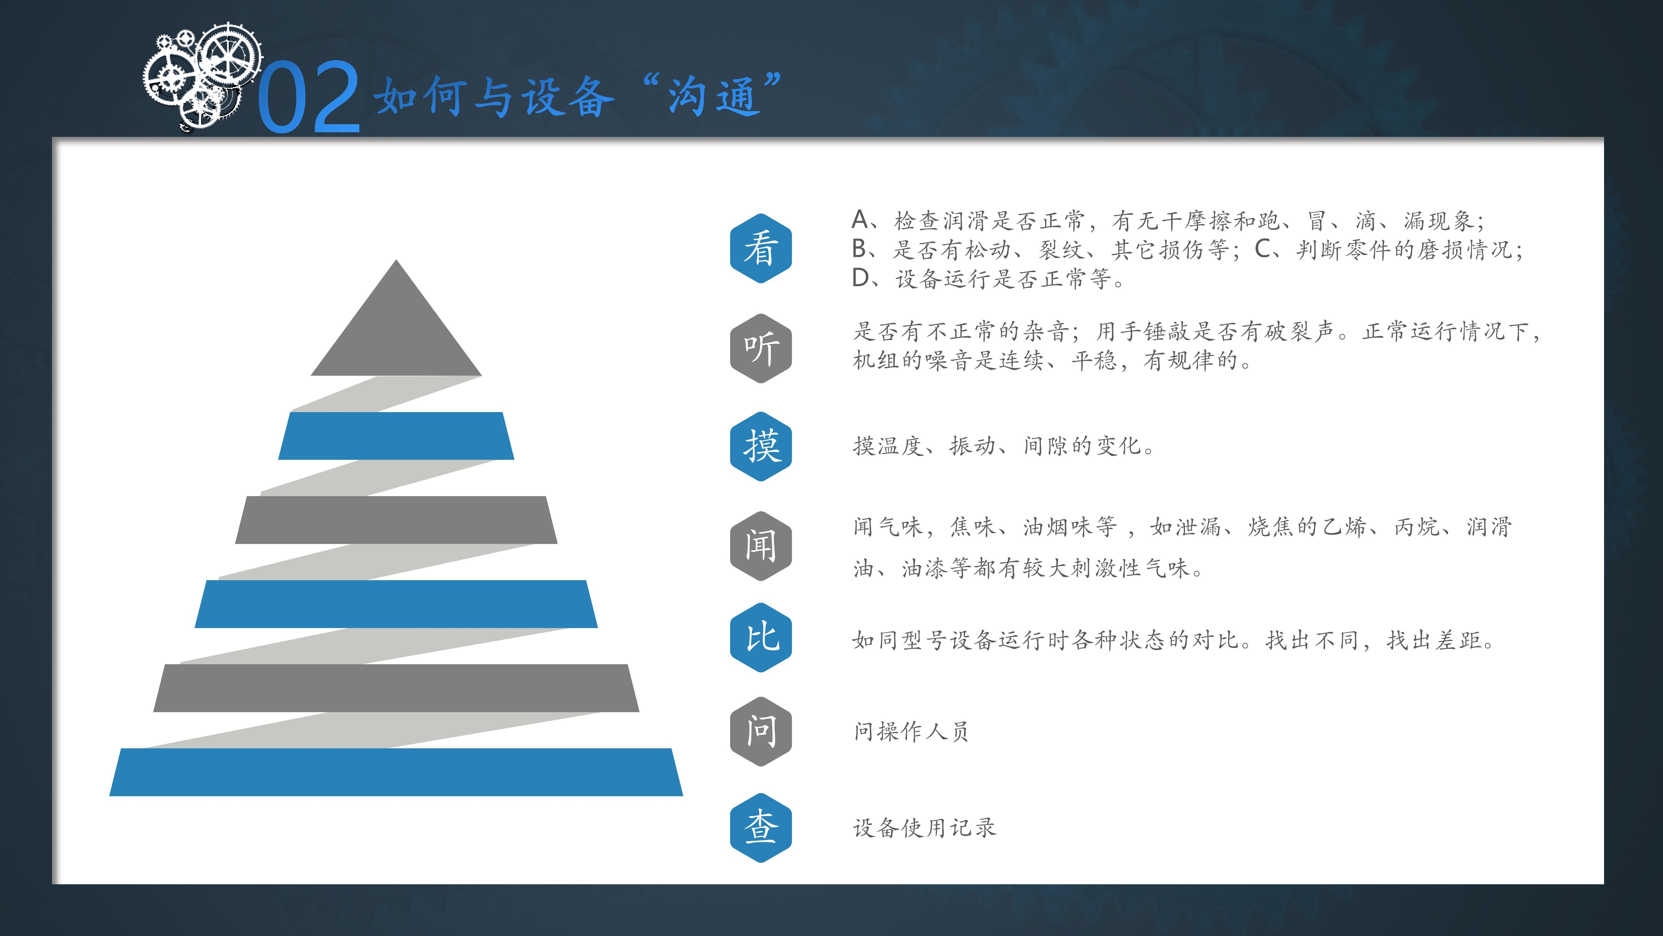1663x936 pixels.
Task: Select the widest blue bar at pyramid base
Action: tap(396, 772)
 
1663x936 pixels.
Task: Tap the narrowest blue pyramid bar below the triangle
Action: tap(396, 436)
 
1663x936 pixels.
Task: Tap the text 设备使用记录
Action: tap(925, 827)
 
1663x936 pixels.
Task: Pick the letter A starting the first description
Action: tap(860, 220)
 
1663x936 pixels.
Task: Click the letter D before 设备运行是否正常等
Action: tap(861, 278)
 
